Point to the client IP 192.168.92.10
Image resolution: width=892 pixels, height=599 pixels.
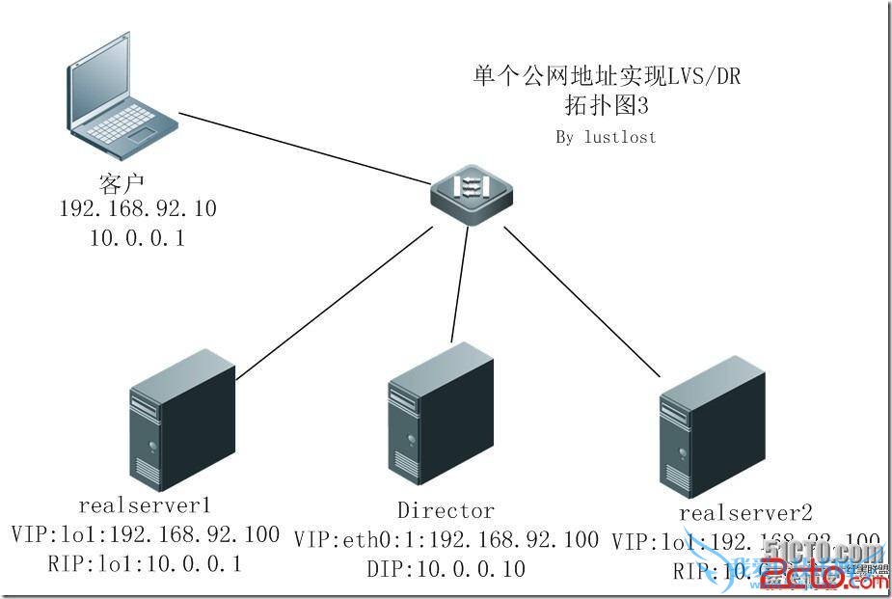tap(138, 209)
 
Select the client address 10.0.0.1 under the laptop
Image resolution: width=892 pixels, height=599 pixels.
tap(137, 237)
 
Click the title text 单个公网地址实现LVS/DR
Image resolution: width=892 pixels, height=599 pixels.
tap(608, 75)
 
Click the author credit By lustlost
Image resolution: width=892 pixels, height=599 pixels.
tap(606, 137)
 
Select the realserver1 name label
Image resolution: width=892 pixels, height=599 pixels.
tap(145, 504)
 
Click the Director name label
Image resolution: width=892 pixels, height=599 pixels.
tap(446, 510)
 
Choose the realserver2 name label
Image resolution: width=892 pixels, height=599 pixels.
tap(745, 512)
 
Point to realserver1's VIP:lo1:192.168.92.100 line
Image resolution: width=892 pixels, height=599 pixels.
tap(146, 534)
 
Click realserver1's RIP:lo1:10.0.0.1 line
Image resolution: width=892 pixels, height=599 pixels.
tap(145, 563)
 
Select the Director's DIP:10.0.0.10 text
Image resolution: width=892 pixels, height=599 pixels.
tap(446, 569)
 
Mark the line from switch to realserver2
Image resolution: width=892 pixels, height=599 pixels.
tap(579, 299)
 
